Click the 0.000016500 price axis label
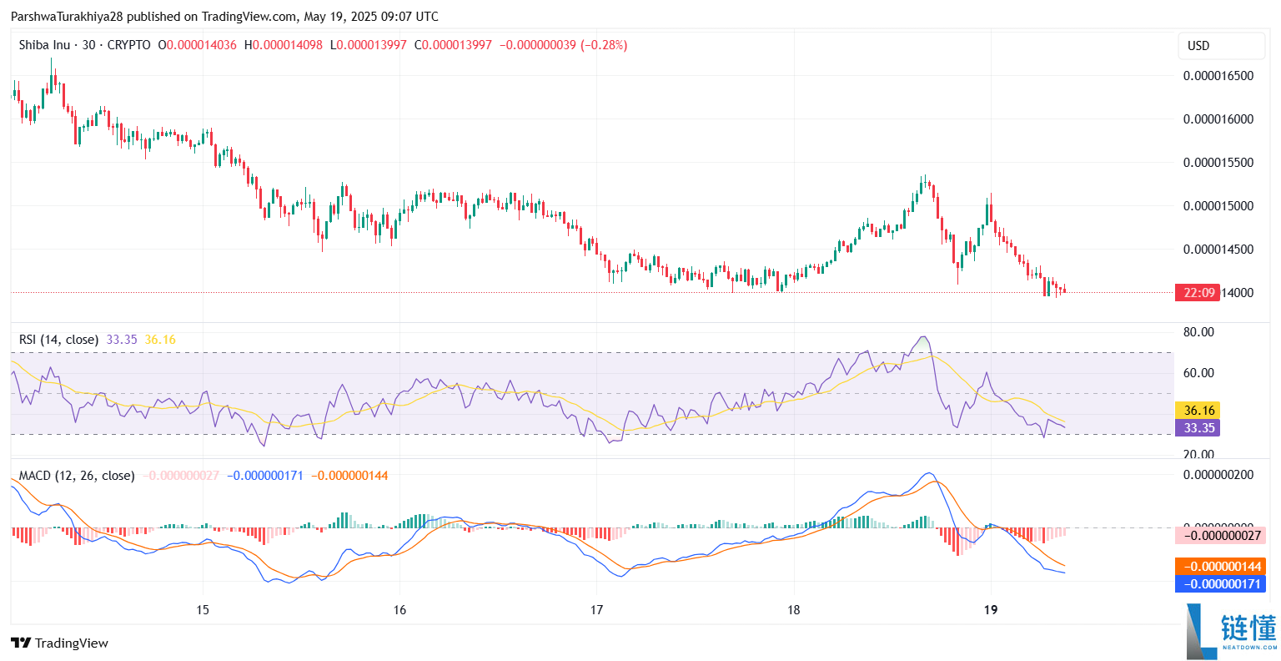coord(1218,75)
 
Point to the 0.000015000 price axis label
coord(1218,205)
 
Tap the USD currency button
coord(1198,46)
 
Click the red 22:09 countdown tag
coord(1198,293)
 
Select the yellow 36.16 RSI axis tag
coord(1198,411)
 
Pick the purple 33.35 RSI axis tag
coord(1198,428)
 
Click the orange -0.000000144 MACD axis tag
coord(1219,567)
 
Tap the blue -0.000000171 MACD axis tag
coord(1219,584)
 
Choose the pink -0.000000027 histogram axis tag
coord(1219,536)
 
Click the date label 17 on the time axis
coord(596,610)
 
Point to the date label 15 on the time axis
coord(203,610)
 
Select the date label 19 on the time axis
coord(990,610)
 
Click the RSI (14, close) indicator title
coord(58,340)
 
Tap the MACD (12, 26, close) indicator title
coord(77,476)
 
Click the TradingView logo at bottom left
coord(60,643)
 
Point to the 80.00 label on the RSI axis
coord(1198,332)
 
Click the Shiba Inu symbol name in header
coord(44,45)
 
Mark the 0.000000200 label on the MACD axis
coord(1218,475)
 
